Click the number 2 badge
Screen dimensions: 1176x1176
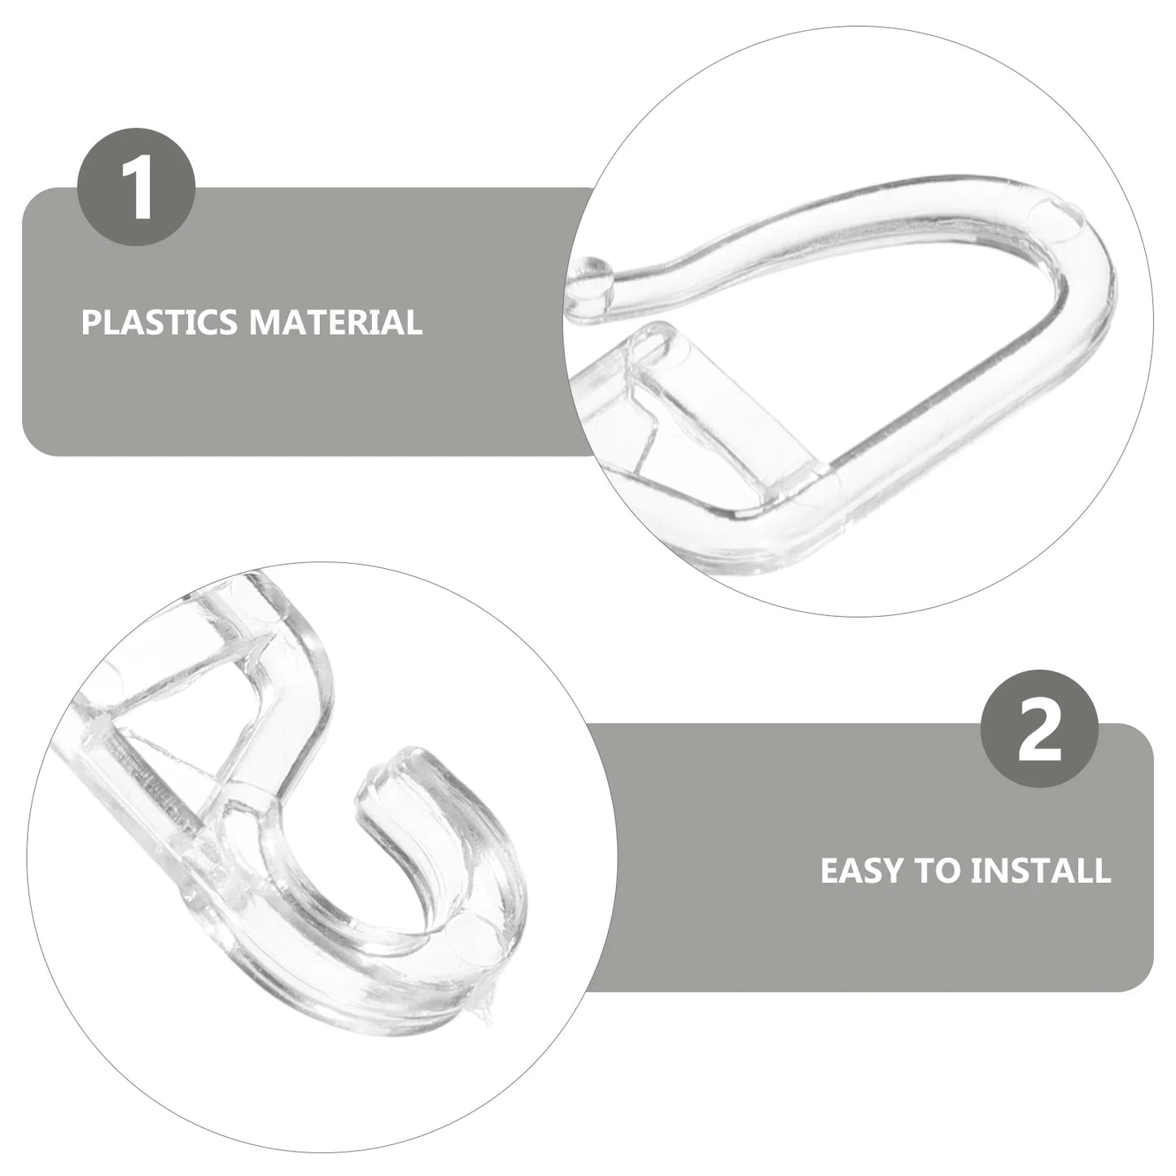pos(1039,728)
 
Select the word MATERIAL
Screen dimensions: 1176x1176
pos(335,322)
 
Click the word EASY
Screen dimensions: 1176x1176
pos(863,870)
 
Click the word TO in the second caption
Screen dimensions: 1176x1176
pos(938,870)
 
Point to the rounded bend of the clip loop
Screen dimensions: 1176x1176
pos(1074,269)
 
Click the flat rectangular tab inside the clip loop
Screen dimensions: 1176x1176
pos(732,407)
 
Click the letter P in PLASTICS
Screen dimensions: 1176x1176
pos(89,322)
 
